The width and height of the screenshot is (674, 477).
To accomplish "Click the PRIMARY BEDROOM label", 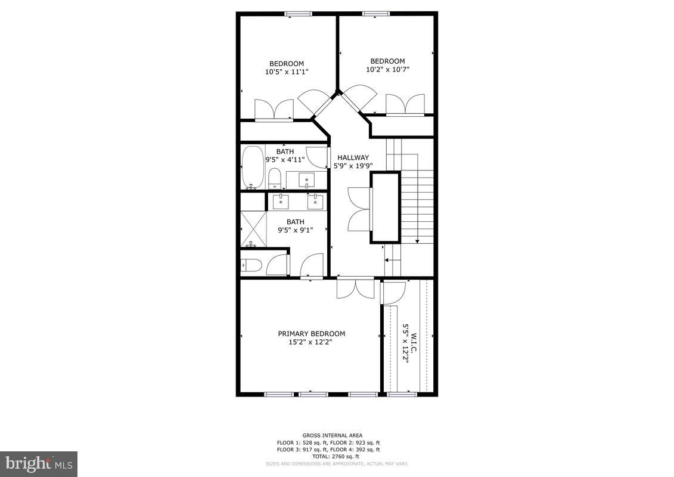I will pos(311,334).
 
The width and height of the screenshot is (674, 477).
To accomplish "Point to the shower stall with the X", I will pos(253,228).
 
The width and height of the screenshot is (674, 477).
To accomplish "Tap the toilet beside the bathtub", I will pos(275,177).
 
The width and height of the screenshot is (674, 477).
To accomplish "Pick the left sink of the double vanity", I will pos(280,202).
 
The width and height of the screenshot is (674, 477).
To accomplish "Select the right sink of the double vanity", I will pos(314,202).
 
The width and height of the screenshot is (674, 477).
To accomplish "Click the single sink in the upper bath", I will pos(307,179).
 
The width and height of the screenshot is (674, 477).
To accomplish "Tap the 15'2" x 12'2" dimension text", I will pos(310,342).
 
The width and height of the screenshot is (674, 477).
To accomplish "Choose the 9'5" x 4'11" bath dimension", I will pos(285,159).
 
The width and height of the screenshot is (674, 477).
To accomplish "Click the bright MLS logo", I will pos(38,463).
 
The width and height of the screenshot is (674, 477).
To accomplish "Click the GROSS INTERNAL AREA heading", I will pos(332,435).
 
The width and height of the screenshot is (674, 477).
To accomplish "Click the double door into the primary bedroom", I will pos(355,288).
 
